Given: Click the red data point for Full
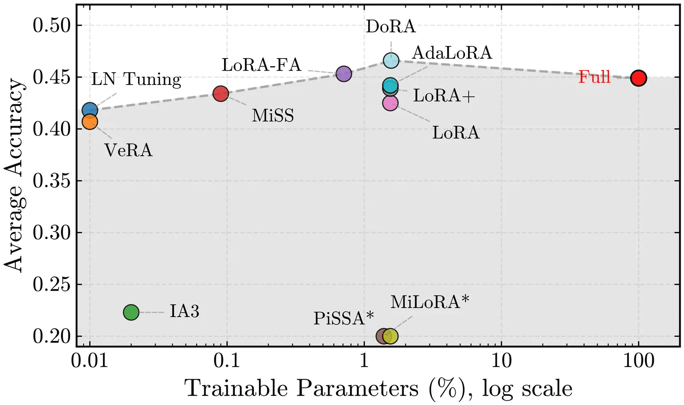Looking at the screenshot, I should tap(638, 78).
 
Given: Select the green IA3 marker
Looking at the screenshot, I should tap(131, 312).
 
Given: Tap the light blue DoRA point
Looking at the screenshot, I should tap(391, 60).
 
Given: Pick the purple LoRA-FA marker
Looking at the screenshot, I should tap(344, 74).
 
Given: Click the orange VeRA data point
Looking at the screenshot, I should tap(90, 122).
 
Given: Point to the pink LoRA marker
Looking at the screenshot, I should tap(390, 103).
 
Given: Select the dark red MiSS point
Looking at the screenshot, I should tap(221, 94).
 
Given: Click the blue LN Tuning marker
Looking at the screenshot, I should tap(90, 110).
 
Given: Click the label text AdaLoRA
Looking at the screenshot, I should tap(452, 53).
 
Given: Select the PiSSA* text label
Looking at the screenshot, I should tap(344, 318).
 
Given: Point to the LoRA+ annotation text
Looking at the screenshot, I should tap(444, 96).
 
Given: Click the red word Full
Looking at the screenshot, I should tap(594, 77).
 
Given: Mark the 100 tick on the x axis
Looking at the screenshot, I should tap(638, 361).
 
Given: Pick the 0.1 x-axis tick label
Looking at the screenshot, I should tap(227, 361).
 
